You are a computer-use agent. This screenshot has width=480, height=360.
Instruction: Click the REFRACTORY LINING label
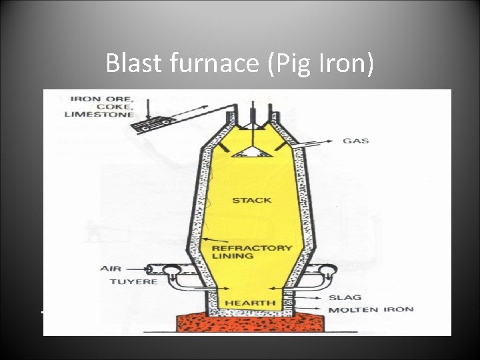tap(251, 252)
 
